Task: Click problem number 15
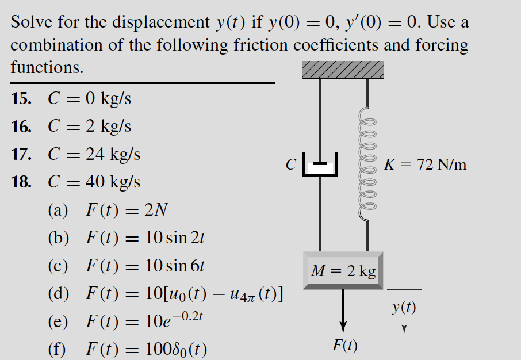pyautogui.click(x=21, y=99)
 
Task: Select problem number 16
pyautogui.click(x=21, y=127)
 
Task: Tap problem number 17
pyautogui.click(x=21, y=154)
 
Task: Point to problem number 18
pyautogui.click(x=21, y=182)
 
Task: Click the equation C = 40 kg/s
pyautogui.click(x=94, y=182)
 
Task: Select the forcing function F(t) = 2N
pyautogui.click(x=127, y=210)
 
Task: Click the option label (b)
pyautogui.click(x=59, y=238)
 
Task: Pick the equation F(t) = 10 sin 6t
pyautogui.click(x=145, y=266)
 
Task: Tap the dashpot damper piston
pyautogui.click(x=320, y=166)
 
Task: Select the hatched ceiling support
pyautogui.click(x=343, y=70)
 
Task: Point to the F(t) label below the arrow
pyautogui.click(x=345, y=346)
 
